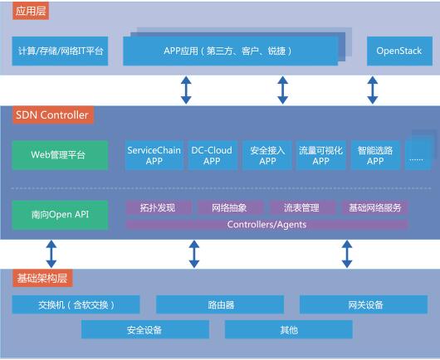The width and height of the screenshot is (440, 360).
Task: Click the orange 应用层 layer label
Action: coord(31,11)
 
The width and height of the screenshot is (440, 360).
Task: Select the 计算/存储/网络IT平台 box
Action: coord(60,51)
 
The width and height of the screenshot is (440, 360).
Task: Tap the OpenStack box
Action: coord(399,51)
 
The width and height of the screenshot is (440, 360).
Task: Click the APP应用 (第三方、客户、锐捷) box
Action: coord(231,51)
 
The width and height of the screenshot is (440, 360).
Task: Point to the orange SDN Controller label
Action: coord(52,115)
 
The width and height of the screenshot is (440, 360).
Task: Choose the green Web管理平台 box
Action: coord(60,155)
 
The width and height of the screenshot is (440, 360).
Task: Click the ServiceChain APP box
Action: coord(154,155)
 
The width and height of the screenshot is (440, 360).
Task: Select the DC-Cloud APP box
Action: coord(213,155)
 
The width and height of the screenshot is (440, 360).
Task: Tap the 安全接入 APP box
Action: coord(267,155)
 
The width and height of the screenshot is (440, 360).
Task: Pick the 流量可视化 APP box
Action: coord(320,155)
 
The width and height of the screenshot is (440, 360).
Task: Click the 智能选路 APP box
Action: coord(375,155)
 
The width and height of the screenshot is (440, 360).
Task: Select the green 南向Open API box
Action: coord(60,215)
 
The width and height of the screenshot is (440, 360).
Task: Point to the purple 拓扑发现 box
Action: coord(159,207)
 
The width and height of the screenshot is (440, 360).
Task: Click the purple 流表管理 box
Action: coord(302,207)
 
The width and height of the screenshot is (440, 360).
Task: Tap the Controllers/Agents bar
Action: coord(266,225)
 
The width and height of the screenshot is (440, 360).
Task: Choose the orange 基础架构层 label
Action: coord(42,278)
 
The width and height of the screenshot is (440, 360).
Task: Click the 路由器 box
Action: coord(220,304)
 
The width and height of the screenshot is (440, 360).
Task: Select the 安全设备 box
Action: coord(145,329)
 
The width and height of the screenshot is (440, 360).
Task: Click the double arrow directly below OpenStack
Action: coord(373,90)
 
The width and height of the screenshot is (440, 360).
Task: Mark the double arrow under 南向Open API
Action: coord(51,254)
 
